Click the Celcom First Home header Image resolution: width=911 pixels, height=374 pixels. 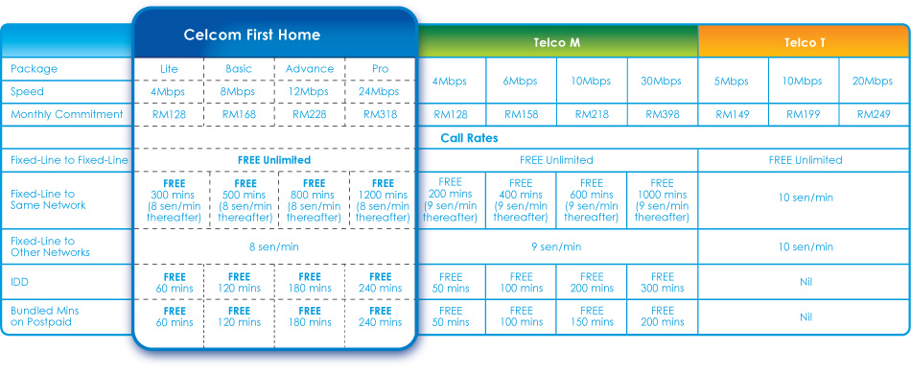tap(251, 35)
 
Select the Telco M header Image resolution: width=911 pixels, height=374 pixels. tap(556, 43)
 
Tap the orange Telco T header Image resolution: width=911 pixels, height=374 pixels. tap(805, 43)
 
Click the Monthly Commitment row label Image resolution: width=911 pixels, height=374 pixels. tap(67, 114)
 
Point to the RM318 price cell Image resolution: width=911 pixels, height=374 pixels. tap(380, 114)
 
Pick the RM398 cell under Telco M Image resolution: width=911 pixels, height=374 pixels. tap(662, 114)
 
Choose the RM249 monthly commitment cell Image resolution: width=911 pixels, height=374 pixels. tap(874, 114)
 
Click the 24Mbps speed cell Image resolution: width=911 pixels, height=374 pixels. tap(380, 92)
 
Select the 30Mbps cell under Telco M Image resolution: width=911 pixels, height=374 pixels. tap(662, 82)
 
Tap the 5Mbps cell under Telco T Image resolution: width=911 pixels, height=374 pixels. tap(734, 82)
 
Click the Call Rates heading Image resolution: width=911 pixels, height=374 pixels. tap(469, 138)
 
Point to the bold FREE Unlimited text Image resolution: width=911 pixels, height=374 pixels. tap(274, 160)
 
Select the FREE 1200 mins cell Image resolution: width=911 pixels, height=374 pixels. tap(380, 200)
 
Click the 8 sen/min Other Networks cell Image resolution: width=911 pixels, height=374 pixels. tap(274, 246)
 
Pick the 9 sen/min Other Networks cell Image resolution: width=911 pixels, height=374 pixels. tap(556, 246)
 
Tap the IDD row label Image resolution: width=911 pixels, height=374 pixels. tap(19, 282)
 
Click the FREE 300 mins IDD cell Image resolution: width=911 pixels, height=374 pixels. tap(662, 282)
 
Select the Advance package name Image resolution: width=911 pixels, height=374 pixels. tap(310, 68)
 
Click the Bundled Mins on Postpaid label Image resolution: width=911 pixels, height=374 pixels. tap(45, 316)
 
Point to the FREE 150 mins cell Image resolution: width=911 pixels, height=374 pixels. tap(592, 316)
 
